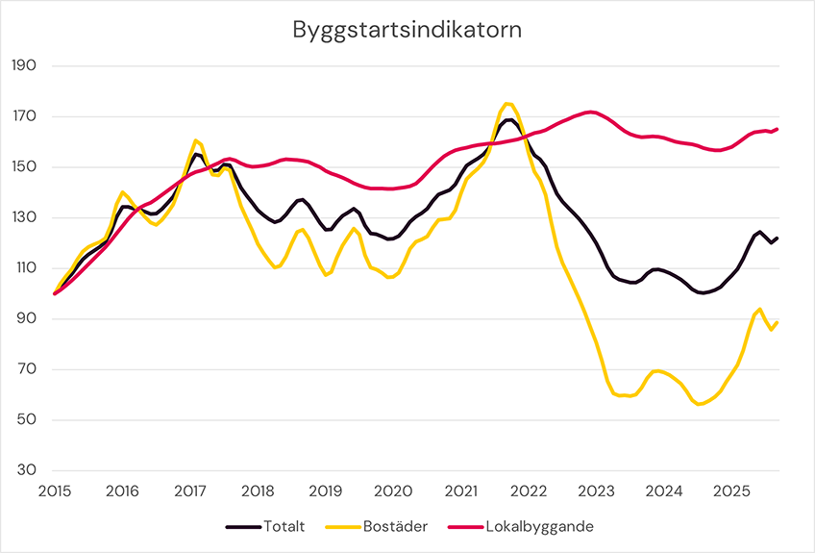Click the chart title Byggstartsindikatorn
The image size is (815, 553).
tap(407, 30)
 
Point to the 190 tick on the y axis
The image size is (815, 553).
tap(23, 66)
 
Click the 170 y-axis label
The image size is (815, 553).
tap(23, 117)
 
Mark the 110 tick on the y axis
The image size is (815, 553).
tap(23, 268)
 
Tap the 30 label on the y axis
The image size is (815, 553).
tap(26, 470)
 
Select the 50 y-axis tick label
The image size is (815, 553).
tap(26, 420)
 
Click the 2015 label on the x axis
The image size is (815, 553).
tap(54, 491)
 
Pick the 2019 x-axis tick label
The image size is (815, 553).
tap(325, 491)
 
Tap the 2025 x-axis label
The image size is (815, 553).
tap(731, 491)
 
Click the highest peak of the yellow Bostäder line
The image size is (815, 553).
tap(508, 104)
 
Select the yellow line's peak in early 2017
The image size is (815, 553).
tap(195, 140)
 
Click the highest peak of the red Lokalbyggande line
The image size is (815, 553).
tap(590, 112)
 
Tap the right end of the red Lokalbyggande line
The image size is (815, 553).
tap(777, 129)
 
